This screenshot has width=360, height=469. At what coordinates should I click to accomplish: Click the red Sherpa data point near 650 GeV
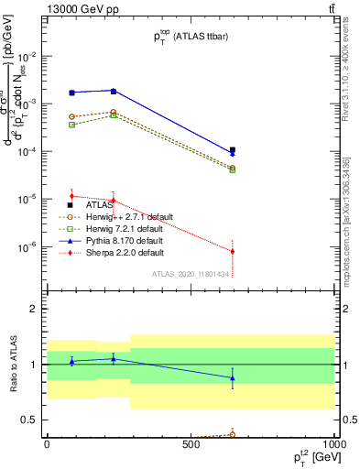[233, 251]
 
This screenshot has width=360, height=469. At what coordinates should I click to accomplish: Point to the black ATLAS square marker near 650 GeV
[233, 149]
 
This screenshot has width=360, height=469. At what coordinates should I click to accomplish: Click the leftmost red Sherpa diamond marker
[71, 195]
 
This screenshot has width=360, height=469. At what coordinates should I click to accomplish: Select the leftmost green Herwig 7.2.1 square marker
[71, 125]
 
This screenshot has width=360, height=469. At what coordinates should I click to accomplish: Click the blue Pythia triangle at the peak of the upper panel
[113, 91]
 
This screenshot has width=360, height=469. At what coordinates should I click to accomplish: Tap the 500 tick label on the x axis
[191, 443]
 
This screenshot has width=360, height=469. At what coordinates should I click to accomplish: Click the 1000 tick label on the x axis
[333, 443]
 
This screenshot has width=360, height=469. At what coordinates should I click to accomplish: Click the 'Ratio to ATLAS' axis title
[12, 365]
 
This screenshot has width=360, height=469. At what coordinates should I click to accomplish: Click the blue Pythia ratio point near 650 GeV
[233, 377]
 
